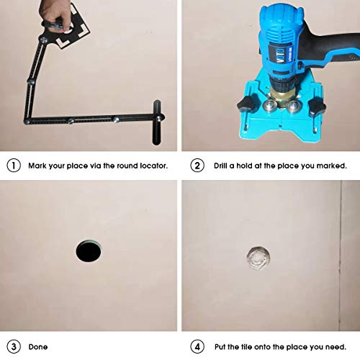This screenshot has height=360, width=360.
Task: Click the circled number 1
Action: click(14, 166)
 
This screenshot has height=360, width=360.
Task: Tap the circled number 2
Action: click(197, 166)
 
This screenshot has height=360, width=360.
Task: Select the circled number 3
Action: click(14, 347)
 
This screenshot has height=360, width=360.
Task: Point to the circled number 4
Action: click(197, 347)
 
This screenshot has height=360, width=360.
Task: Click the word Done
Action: click(38, 347)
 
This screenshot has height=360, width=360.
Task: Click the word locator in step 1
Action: click(154, 166)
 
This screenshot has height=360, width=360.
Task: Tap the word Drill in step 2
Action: click(220, 166)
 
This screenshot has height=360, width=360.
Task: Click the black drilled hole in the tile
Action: click(89, 251)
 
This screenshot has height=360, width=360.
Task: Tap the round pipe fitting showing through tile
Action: click(258, 258)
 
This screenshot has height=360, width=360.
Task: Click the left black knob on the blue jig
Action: click(248, 104)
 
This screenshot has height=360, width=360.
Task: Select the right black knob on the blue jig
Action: click(317, 106)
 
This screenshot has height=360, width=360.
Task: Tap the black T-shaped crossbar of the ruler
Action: click(157, 122)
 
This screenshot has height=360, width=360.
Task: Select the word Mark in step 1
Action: click(37, 166)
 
